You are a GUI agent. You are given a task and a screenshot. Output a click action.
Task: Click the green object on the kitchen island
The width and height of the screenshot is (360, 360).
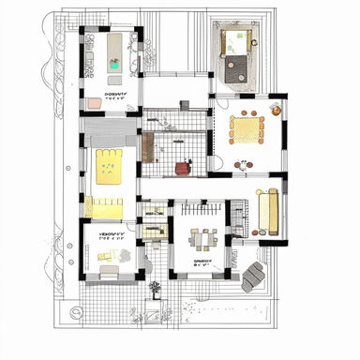pos(114,65)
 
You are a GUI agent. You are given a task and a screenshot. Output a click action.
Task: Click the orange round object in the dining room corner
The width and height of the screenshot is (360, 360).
pos(275,110)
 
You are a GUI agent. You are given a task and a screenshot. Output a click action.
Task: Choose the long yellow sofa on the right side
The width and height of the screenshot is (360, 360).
pos(268,212)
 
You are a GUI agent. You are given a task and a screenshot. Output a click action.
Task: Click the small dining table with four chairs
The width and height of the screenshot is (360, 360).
pos(202,235)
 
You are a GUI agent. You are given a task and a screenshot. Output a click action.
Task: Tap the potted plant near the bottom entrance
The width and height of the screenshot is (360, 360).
pos(155,290)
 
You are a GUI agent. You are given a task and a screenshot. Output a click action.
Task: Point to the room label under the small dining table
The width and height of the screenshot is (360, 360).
pos(202,263)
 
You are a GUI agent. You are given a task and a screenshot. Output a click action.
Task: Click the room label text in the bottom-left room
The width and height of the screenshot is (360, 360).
pos(112,239)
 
